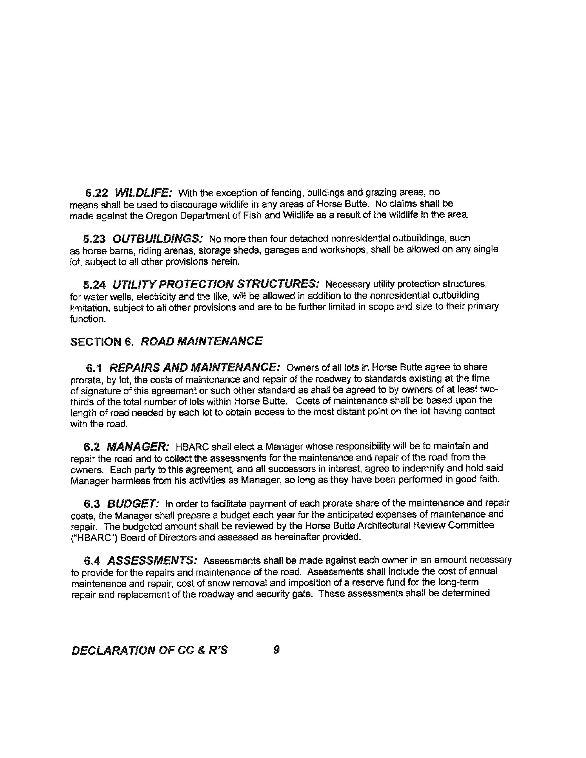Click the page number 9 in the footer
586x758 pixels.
pos(276,650)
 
